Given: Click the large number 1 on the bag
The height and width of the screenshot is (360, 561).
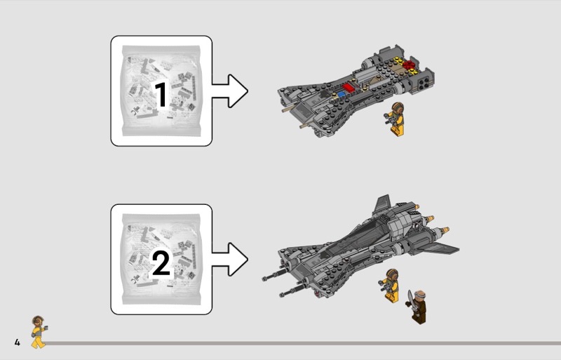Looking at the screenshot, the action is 161,94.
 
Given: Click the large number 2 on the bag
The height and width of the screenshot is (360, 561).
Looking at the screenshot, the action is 161,262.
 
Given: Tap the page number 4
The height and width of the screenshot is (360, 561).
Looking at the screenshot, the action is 17,342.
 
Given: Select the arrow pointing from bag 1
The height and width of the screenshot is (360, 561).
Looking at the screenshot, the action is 229,91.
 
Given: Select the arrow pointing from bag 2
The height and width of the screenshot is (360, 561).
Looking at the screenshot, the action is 229,260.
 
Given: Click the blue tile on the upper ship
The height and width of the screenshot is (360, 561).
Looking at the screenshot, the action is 342,95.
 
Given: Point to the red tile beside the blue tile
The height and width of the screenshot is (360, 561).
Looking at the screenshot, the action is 349,88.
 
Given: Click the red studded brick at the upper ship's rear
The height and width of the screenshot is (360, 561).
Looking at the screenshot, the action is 408,65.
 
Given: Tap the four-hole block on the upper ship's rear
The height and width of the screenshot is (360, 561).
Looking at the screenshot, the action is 424,84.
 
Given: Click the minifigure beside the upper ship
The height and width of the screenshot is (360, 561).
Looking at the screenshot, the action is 395,119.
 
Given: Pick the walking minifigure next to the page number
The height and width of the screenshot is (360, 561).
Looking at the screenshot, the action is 39,332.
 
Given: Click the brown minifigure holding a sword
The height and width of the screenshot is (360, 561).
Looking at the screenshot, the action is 417,307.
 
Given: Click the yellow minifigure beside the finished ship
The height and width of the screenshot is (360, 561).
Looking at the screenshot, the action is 389,286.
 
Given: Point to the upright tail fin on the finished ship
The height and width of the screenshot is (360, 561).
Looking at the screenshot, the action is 381,204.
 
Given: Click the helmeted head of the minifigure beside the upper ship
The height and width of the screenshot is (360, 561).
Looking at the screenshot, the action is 397,108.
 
